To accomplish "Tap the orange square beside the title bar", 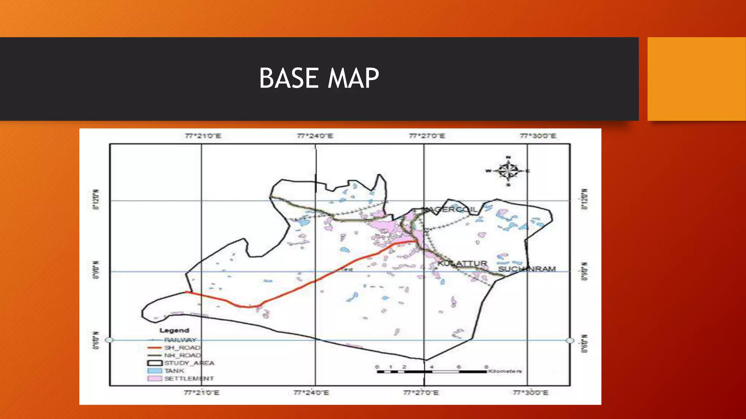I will (696, 79).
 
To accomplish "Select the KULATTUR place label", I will (462, 263).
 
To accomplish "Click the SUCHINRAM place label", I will (527, 269).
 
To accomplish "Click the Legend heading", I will (174, 330).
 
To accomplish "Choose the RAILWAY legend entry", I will (180, 340).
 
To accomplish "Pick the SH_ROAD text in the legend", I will (182, 348).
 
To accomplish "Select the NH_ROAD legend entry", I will (182, 355).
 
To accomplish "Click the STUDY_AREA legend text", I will (189, 363).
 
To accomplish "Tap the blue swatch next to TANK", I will (154, 371).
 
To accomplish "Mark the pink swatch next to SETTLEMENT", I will (154, 378).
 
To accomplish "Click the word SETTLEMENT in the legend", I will (189, 379).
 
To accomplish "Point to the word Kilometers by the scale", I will (505, 371).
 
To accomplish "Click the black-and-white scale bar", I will (432, 372).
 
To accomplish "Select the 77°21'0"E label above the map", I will (203, 136).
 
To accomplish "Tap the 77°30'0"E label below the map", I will (530, 392).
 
